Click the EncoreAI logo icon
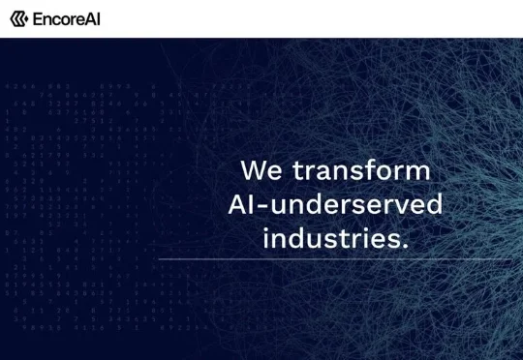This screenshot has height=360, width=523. click(x=18, y=18)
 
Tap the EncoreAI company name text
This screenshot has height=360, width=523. click(x=67, y=19)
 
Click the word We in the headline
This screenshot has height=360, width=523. click(x=261, y=170)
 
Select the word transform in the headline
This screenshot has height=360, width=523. click(x=361, y=170)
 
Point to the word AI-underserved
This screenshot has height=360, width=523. click(x=335, y=203)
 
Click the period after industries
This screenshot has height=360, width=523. click(x=405, y=246)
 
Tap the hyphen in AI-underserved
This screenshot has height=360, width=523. click(x=263, y=207)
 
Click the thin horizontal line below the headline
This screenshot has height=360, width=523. click(x=335, y=258)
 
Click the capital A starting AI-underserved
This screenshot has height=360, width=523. click(x=238, y=204)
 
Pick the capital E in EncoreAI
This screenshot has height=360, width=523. click(x=37, y=19)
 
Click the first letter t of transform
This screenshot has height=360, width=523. click(x=298, y=171)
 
